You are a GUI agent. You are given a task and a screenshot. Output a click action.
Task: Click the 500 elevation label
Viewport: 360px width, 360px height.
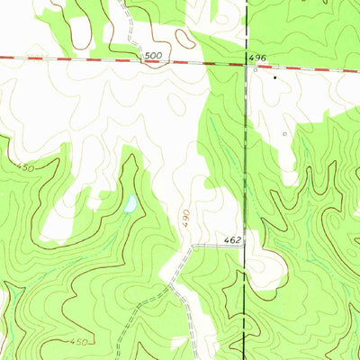[154, 56]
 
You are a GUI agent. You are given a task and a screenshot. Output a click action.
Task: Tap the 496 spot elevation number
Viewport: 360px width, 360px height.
[256, 57]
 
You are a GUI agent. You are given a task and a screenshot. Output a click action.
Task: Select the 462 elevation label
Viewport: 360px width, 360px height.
[233, 241]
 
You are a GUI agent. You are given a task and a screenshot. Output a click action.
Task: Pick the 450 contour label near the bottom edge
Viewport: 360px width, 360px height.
[78, 341]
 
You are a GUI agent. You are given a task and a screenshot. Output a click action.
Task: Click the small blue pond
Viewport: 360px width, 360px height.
[130, 204]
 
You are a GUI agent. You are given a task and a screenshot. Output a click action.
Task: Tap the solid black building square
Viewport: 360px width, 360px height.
[275, 78]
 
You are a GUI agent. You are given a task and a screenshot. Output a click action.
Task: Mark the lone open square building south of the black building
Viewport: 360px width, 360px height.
[284, 134]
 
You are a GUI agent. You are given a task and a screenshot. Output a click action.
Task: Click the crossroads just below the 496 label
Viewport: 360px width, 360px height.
[246, 65]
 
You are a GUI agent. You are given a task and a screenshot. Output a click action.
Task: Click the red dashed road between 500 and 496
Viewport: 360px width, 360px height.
[202, 62]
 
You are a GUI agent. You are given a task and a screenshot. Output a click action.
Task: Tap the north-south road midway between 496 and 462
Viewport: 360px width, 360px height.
[246, 153]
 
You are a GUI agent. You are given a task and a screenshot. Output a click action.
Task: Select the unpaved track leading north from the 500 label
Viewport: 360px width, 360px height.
[130, 31]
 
